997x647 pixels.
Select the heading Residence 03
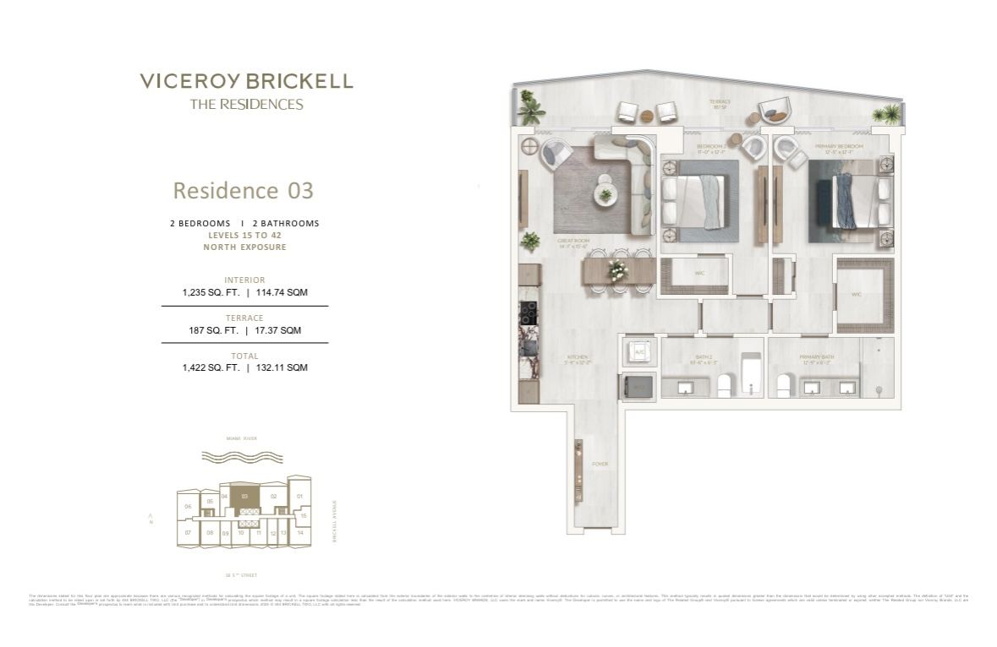pos(243,190)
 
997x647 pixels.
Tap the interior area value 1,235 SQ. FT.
pos(211,292)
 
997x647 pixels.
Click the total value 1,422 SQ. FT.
pos(211,367)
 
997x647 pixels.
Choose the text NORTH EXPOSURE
pos(244,247)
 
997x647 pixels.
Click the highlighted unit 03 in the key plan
pos(244,497)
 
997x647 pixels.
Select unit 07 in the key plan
pos(187,533)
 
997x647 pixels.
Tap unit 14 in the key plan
pos(299,533)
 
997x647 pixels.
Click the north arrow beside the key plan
pos(150,517)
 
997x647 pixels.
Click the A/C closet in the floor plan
pos(638,352)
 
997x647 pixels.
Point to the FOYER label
pos(600,464)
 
